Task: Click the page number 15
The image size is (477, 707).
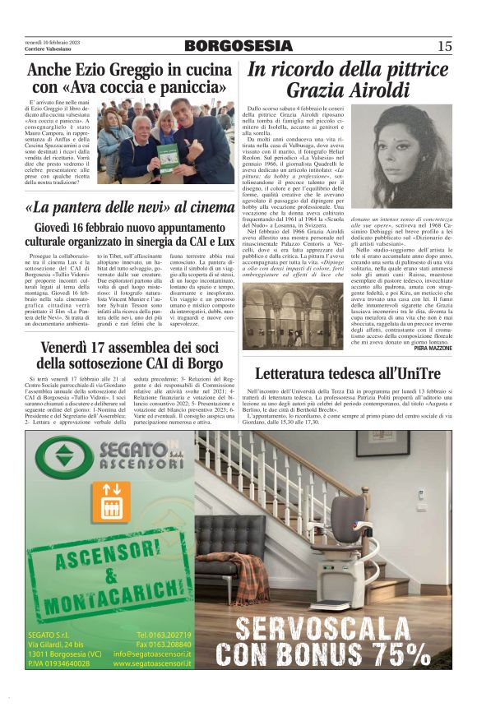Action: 444,47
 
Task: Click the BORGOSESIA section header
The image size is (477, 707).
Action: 238,47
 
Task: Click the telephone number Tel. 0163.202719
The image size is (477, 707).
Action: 164,634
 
